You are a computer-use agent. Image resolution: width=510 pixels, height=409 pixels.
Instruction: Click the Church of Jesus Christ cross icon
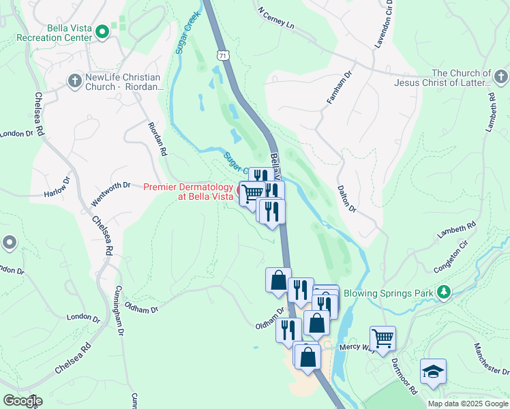point(500,76)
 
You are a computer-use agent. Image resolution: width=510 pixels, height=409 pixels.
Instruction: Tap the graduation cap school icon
point(433,372)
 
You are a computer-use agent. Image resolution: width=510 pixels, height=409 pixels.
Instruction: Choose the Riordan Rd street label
point(157,139)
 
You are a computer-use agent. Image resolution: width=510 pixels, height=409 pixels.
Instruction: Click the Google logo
point(22,401)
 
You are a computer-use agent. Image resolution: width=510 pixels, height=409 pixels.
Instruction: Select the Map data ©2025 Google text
point(468,404)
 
